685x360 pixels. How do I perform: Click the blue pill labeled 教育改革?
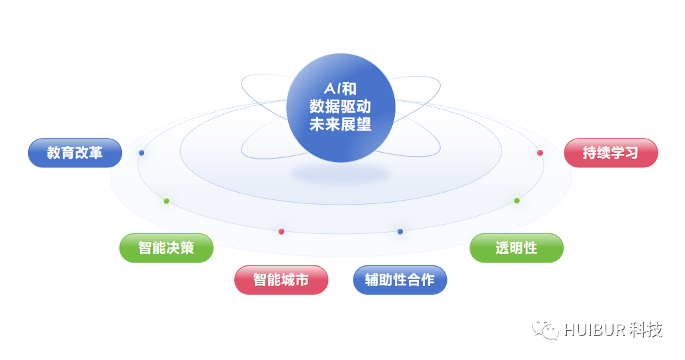pos(75,153)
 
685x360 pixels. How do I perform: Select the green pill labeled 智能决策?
pos(166,248)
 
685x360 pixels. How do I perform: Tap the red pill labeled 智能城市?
pos(281,280)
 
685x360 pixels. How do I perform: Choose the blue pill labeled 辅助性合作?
pos(400,280)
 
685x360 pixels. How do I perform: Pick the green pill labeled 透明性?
pos(516,248)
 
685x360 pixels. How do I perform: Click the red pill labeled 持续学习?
pos(610,153)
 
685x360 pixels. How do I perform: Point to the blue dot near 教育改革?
pos(141,153)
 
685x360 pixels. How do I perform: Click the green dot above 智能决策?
pos(166,201)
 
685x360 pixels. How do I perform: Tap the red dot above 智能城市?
pos(281,231)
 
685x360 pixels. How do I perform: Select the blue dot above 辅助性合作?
pos(400,231)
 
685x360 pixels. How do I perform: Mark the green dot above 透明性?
pos(516,201)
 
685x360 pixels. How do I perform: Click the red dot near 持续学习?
pos(540,153)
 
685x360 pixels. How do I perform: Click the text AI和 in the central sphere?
pos(340,88)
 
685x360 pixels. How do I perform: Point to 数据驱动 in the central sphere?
pos(340,106)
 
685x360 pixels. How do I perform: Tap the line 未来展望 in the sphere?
pos(340,124)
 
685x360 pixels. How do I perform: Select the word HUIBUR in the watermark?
pos(595,330)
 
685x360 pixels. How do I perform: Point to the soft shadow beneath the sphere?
pos(340,175)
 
